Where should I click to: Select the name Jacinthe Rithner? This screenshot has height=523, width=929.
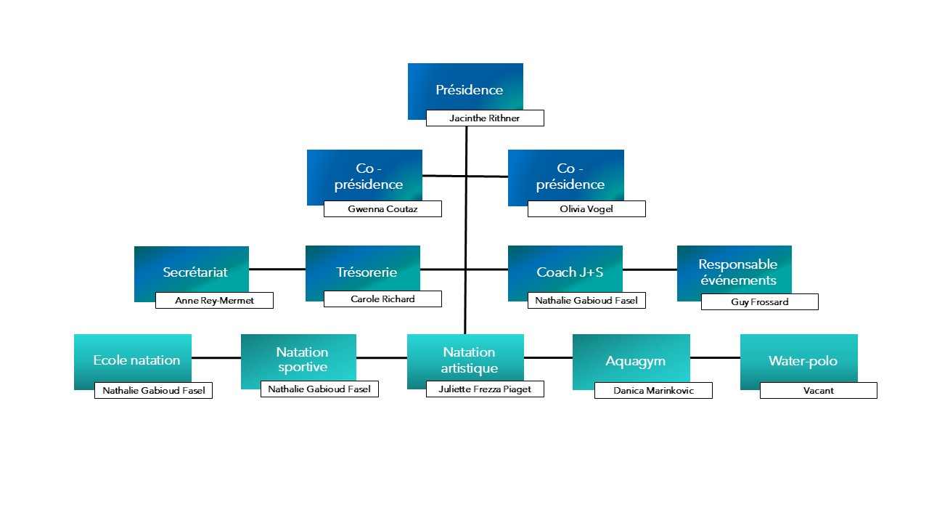coord(484,118)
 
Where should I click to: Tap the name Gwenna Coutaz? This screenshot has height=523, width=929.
coord(382,208)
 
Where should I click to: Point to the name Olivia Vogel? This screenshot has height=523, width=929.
coord(586,208)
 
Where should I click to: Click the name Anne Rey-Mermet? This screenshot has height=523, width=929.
coord(214,301)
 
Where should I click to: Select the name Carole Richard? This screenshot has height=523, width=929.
coord(382,299)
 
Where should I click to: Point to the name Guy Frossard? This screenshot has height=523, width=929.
coord(759,301)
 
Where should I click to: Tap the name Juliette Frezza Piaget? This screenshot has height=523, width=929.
coord(485,389)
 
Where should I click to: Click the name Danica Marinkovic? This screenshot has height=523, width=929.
coord(653,391)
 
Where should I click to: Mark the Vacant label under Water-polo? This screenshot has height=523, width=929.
coord(818,391)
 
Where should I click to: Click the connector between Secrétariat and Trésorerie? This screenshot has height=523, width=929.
coord(277,269)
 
